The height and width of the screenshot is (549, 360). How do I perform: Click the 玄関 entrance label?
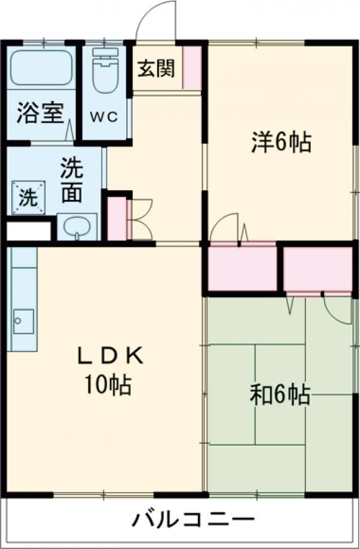[157, 68]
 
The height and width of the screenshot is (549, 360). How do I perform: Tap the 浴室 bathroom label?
[40, 113]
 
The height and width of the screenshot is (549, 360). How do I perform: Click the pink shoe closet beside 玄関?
[192, 67]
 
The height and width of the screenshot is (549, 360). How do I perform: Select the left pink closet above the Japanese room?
[242, 268]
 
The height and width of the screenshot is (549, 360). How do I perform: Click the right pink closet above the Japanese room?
[317, 268]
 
